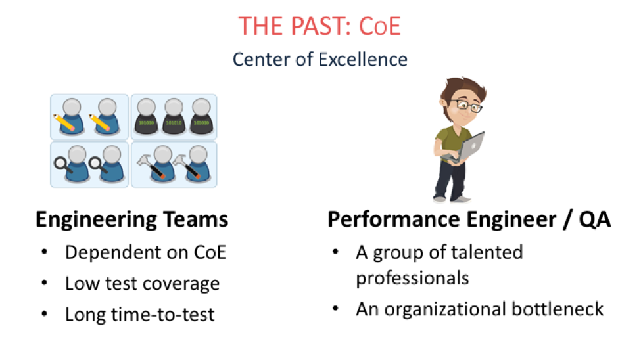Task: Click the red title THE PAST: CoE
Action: (320, 26)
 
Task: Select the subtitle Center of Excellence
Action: (320, 59)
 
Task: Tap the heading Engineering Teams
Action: (131, 220)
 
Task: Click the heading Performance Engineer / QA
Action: (469, 219)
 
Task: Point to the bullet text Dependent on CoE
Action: (145, 252)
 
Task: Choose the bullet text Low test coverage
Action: (142, 284)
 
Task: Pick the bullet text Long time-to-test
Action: (139, 315)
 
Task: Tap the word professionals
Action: (412, 279)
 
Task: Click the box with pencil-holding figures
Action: (89, 117)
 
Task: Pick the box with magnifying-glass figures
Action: (89, 164)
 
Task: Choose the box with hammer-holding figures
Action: (174, 164)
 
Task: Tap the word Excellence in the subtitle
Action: (363, 59)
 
